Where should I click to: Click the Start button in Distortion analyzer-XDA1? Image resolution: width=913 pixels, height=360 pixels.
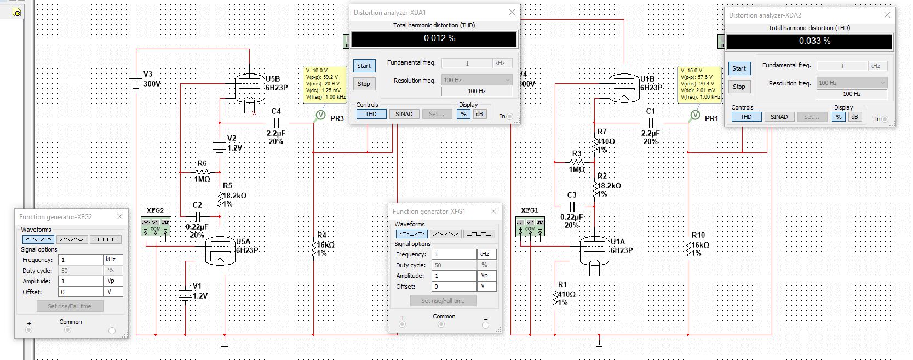[364, 66]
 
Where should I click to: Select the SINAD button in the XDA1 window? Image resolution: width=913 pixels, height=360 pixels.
[404, 114]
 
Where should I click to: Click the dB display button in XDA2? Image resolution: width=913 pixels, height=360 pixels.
[854, 117]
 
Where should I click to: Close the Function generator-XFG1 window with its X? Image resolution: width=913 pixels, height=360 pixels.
[493, 211]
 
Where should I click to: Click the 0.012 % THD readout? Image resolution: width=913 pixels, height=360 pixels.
[434, 39]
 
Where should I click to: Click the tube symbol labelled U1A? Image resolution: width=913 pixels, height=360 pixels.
[595, 252]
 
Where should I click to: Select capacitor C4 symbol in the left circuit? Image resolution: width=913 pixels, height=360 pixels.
[276, 123]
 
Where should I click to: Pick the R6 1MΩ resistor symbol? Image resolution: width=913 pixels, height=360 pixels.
[202, 172]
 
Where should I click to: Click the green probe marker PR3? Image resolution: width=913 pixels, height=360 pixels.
[320, 115]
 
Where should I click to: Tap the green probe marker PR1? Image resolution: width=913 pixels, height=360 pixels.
[695, 115]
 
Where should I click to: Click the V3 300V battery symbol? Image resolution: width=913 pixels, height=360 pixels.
[136, 84]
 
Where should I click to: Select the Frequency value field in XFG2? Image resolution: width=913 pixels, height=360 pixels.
[81, 260]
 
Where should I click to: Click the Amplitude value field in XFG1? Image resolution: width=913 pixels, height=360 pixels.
[454, 276]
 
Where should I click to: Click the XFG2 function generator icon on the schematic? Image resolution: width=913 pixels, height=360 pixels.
[156, 226]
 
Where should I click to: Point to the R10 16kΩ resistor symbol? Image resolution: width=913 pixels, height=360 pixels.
[688, 248]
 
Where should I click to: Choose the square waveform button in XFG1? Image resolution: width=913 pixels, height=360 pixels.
[478, 234]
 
